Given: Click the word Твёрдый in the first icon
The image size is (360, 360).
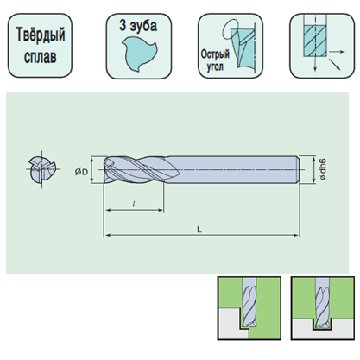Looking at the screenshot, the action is pos(41,35).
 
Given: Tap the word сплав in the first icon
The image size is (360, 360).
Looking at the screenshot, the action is pos(41,56).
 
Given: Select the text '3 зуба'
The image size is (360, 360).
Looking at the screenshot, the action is pos(138,25).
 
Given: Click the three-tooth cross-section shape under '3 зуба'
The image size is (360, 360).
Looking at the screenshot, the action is pos(139,54).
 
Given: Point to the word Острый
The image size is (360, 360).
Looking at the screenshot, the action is pos(215,54).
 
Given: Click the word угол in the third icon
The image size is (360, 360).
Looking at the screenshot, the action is pos(215,66).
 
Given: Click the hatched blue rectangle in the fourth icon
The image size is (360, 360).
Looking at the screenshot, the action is pos(315,41).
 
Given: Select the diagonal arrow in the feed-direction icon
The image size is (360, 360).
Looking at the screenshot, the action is pos(335,64).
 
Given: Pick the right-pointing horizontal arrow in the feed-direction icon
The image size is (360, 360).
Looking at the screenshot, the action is pos(337,52).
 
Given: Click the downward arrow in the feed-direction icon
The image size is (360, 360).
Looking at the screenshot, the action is pos(315,64).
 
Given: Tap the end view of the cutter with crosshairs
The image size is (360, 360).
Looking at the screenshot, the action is pos(42,169).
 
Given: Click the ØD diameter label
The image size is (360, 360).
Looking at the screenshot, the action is pos(81,172).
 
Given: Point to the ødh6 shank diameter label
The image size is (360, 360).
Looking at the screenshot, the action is pos(324,170).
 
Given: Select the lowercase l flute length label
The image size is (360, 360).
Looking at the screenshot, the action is pos(134,204).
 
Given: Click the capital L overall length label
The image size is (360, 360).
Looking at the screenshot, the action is pos(199,229).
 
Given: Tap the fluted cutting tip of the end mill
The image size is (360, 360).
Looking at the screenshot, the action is pos(141,170).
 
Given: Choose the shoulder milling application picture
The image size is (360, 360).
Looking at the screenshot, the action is pos(249,308).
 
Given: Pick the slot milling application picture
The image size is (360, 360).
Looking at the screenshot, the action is pos(322,308).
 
